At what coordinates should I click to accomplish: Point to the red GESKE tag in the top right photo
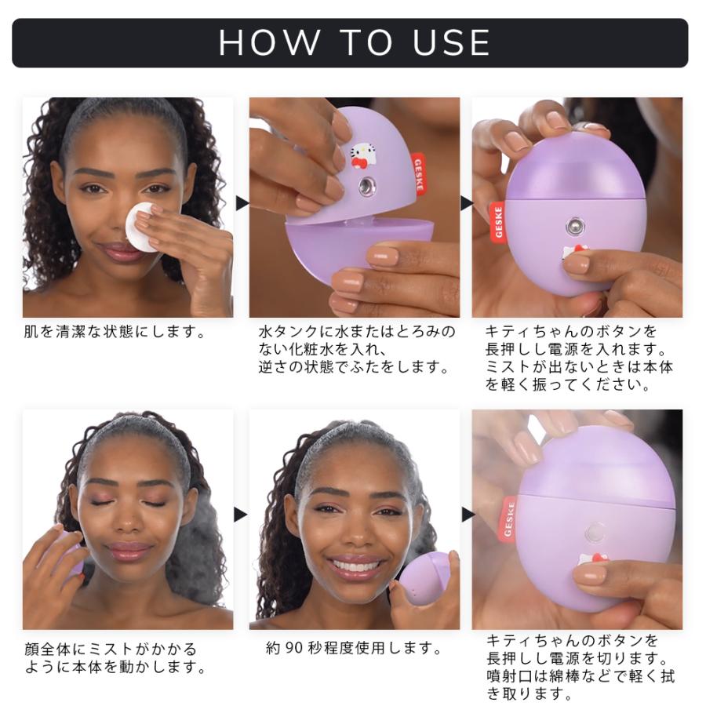click(498, 220)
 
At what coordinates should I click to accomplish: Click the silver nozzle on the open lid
click(366, 187)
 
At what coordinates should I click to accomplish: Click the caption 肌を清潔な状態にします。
click(115, 332)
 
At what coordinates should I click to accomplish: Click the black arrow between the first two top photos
click(241, 203)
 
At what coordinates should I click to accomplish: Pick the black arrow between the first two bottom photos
click(241, 515)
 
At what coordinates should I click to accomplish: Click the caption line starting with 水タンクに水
click(357, 332)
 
